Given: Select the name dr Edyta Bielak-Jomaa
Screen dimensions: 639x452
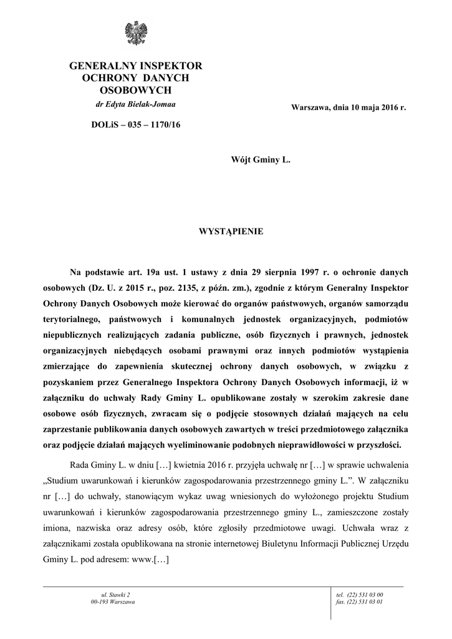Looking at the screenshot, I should pos(136,104).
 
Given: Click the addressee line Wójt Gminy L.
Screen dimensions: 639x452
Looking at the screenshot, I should pos(261,160).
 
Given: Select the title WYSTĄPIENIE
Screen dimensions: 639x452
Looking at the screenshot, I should pos(231,232).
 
